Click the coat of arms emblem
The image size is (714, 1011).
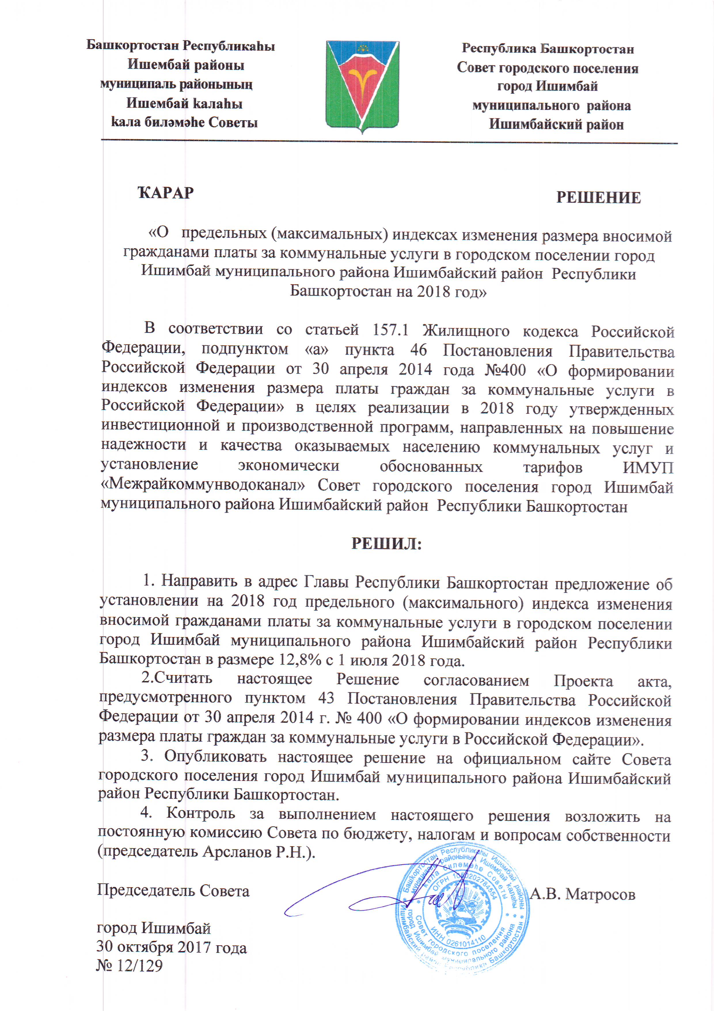click(362, 86)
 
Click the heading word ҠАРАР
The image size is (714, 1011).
click(166, 193)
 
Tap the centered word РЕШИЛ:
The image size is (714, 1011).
click(386, 544)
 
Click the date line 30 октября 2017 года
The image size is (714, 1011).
click(172, 947)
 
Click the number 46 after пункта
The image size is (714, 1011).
click(418, 350)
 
